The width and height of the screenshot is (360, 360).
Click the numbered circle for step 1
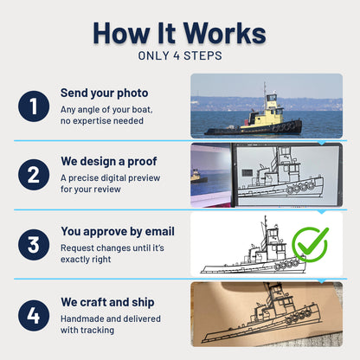[34, 106]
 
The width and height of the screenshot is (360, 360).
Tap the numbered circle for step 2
[34, 175]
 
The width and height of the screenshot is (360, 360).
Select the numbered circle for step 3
[34, 245]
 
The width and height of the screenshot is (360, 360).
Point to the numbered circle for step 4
[34, 315]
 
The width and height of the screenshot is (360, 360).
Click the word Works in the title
[224, 33]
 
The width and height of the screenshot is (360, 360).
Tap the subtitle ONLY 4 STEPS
[180, 55]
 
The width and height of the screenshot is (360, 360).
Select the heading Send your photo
[104, 93]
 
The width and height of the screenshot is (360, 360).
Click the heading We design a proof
[109, 161]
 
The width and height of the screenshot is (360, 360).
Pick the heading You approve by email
[118, 231]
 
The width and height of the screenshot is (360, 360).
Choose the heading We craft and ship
[107, 302]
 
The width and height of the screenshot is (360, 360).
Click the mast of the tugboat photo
[265, 95]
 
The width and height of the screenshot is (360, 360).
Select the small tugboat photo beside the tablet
[199, 177]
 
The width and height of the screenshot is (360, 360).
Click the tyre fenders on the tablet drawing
[300, 188]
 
